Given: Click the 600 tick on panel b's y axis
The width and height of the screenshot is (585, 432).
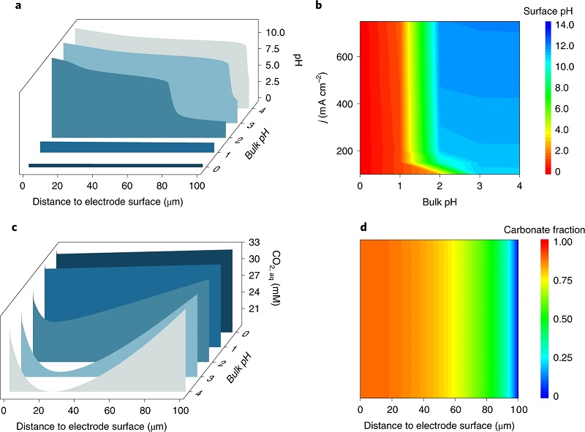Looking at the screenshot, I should click(x=344, y=57).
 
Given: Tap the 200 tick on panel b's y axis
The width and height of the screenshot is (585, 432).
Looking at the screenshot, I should click(x=344, y=151).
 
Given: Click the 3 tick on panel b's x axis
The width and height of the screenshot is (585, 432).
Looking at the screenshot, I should click(x=479, y=186).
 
